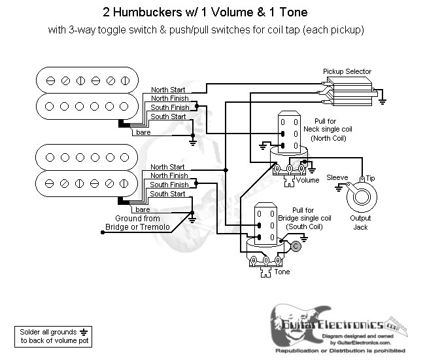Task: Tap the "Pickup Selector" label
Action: tap(347, 71)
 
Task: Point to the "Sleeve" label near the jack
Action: tap(337, 177)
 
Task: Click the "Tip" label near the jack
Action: tap(370, 178)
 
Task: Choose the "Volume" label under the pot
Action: tap(307, 179)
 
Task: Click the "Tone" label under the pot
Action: tap(282, 271)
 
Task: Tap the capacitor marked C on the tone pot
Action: tap(296, 246)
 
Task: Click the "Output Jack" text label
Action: tap(360, 223)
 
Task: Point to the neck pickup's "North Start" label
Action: tap(168, 90)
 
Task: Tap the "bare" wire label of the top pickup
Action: tap(144, 132)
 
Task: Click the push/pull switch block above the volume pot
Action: tap(288, 133)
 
